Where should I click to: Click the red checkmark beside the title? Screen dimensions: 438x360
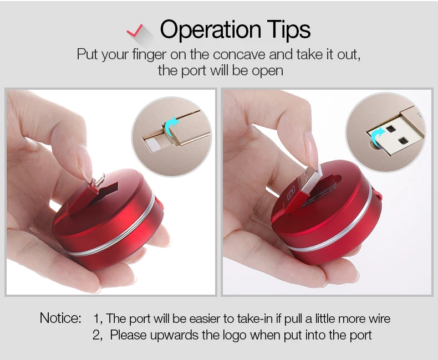pyautogui.click(x=135, y=30)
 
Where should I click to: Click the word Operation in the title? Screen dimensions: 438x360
pyautogui.click(x=211, y=29)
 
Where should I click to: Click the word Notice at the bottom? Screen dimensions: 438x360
pyautogui.click(x=60, y=318)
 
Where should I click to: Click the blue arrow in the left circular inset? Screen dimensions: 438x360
pyautogui.click(x=171, y=126)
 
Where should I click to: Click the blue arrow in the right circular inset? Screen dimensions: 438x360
pyautogui.click(x=378, y=136)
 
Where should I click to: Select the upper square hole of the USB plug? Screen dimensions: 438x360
pyautogui.click(x=390, y=129)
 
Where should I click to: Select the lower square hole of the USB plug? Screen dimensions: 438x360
pyautogui.click(x=403, y=141)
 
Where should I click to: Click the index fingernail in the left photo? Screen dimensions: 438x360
pyautogui.click(x=84, y=163)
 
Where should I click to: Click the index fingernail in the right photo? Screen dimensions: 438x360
pyautogui.click(x=311, y=150)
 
